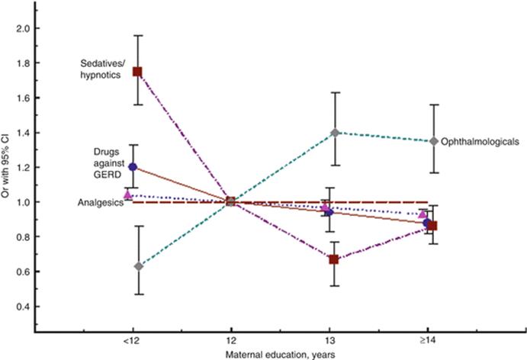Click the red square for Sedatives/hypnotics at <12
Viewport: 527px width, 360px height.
pos(137,71)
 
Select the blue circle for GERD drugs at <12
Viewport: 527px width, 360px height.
pos(133,166)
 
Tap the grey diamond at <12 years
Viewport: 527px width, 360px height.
pos(138,266)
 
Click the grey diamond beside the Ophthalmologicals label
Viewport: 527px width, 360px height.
pos(434,141)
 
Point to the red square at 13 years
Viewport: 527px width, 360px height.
pos(334,259)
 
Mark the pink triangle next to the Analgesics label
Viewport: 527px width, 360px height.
pos(128,195)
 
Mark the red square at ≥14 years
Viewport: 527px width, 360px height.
pos(432,226)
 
